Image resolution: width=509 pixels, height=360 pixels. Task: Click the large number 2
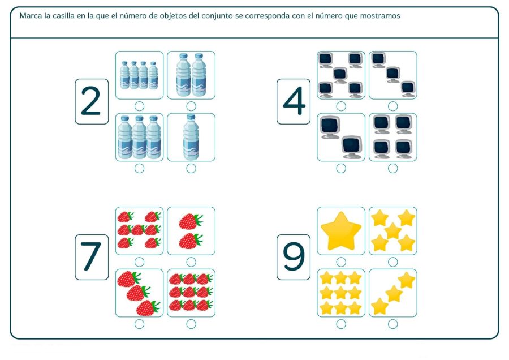(x=92, y=102)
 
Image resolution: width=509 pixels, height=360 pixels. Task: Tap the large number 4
(x=294, y=102)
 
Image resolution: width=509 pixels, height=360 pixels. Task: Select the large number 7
(x=92, y=258)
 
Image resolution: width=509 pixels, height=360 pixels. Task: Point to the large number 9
(x=294, y=258)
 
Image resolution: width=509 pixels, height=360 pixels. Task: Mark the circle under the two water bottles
(x=191, y=106)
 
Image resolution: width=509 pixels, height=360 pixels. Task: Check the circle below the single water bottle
(x=191, y=168)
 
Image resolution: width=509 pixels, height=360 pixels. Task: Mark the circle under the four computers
(x=392, y=168)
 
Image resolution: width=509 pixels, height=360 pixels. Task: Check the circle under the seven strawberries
(x=139, y=262)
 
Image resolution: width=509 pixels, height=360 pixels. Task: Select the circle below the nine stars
(x=341, y=324)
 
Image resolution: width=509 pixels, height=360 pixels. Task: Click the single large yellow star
(x=340, y=230)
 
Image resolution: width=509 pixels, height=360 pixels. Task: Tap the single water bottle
(x=191, y=137)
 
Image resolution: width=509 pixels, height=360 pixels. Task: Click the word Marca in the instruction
(x=30, y=16)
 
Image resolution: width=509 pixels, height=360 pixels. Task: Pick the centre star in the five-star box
(x=392, y=230)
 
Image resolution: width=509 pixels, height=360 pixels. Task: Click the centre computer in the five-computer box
(x=340, y=74)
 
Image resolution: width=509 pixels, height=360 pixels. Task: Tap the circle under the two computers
(x=341, y=168)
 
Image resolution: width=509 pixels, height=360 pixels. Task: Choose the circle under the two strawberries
(x=191, y=262)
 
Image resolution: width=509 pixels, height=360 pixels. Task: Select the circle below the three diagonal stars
(x=392, y=324)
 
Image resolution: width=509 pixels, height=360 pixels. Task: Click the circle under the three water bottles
(x=139, y=168)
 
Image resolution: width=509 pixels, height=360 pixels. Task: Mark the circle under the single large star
(x=341, y=262)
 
